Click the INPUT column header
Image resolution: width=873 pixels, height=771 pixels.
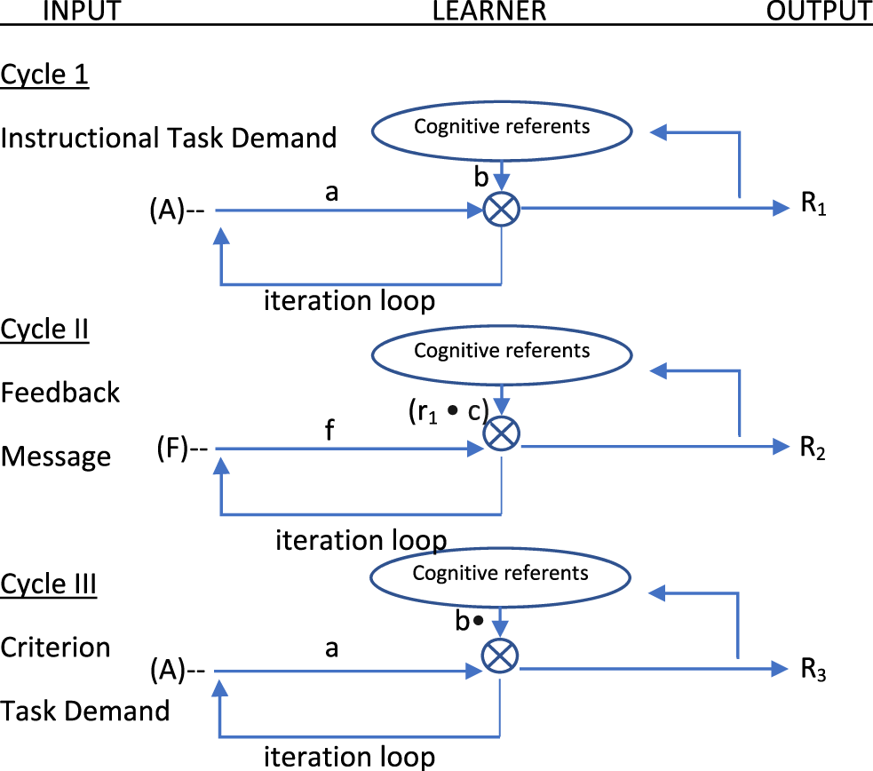(82, 11)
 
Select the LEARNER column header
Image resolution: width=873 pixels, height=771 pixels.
(489, 11)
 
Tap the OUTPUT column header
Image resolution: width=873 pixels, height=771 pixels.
(819, 11)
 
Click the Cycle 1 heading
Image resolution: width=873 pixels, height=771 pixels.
(44, 75)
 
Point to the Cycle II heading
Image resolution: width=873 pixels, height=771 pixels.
(44, 330)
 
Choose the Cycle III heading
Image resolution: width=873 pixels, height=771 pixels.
(49, 584)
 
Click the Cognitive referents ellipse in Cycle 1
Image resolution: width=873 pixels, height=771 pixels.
(502, 127)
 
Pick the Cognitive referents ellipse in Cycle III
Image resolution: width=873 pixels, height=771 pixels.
(500, 573)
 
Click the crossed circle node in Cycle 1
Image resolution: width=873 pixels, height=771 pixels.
(502, 211)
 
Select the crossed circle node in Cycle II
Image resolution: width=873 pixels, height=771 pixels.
(502, 434)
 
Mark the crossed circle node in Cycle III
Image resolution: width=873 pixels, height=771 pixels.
(500, 656)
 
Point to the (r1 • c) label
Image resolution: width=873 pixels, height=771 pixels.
(448, 411)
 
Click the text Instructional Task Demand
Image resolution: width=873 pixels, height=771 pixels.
(169, 138)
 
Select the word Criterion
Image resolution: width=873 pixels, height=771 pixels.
(56, 647)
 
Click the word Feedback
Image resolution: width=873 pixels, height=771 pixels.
(60, 392)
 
